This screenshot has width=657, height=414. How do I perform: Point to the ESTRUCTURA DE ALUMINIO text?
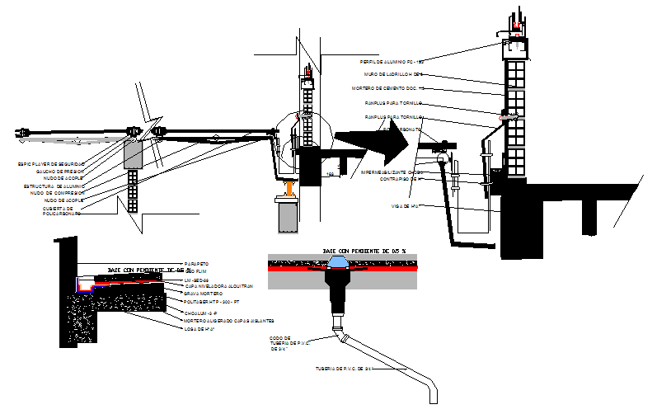pos(52,186)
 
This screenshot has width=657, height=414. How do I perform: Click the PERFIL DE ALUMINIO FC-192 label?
pos(392,61)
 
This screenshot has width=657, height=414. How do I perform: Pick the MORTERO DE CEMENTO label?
pos(387,87)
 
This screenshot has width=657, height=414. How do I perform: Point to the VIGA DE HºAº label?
pos(406,206)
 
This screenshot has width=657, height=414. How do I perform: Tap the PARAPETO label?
pos(197,264)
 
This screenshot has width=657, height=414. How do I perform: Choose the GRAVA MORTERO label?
pos(204,293)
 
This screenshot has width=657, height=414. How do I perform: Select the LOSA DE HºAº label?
pos(200,328)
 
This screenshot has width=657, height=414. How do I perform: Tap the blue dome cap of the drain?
pos(340,261)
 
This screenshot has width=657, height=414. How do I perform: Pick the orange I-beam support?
pos(289,189)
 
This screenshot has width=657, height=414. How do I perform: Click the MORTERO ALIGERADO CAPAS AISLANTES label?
pos(229,321)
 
